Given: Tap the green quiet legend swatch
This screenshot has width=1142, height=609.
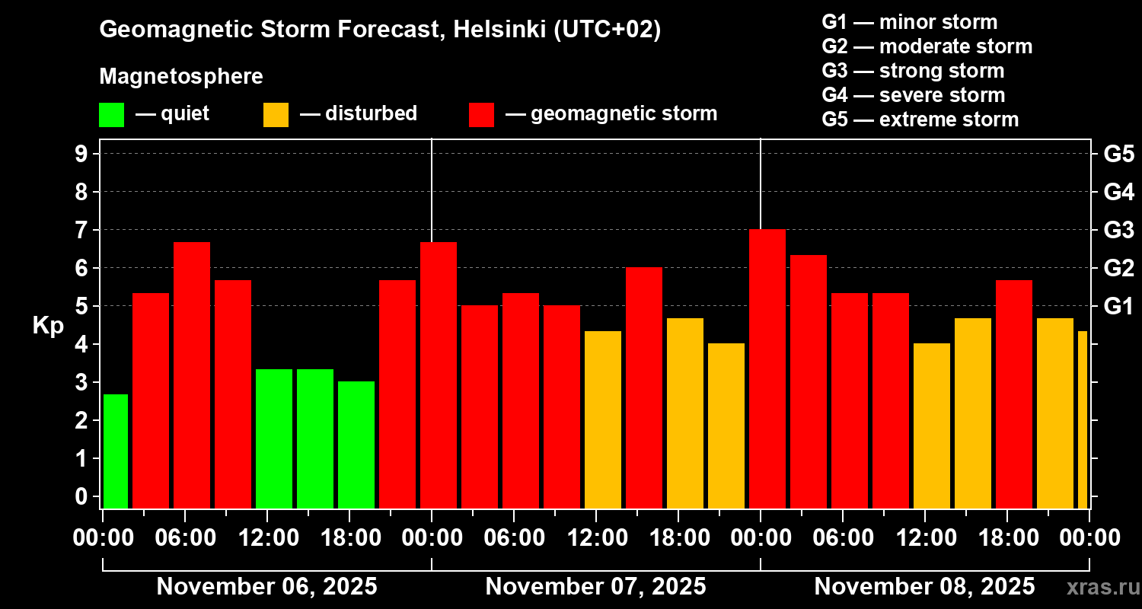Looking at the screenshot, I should coord(111,114).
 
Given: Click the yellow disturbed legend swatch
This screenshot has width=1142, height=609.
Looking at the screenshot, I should coord(276,114).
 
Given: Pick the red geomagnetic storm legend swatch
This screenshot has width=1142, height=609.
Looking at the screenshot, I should coord(482,114).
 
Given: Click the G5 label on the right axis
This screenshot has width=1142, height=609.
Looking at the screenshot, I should coord(1118,154).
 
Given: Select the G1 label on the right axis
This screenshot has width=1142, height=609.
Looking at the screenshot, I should coord(1118,306).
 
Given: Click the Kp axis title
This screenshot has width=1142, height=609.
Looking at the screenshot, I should coord(48,325).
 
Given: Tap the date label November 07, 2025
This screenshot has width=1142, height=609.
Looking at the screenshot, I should coord(595,587).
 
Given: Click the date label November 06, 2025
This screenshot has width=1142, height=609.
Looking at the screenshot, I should coord(266,587).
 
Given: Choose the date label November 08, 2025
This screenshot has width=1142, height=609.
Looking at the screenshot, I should coord(924,587).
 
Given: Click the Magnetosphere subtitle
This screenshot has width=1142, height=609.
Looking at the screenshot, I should coord(181,77).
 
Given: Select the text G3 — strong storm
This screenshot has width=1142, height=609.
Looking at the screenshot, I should coord(913,71).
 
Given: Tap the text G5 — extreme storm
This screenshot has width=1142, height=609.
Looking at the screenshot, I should coord(920,120).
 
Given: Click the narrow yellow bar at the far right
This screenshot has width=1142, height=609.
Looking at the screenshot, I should coord(1082,419).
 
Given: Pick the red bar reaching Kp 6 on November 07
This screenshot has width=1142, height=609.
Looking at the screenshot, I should coord(643,388).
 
